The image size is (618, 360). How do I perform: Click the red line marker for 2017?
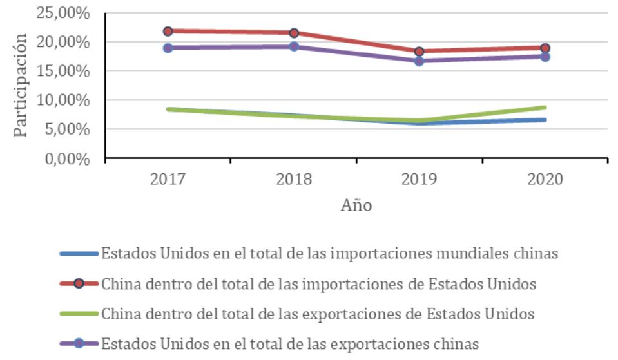(168, 31)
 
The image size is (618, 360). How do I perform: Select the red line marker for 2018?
(294, 33)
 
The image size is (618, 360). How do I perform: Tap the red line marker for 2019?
(419, 52)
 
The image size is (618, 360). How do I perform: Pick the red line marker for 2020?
(545, 48)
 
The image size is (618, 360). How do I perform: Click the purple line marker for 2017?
(168, 48)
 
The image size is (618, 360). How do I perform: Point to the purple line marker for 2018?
(294, 46)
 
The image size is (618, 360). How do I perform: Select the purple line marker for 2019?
(419, 61)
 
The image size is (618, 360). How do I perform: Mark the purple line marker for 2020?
(545, 57)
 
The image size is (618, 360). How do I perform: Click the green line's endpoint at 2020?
(545, 108)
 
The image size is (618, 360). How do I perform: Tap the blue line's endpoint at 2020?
(545, 120)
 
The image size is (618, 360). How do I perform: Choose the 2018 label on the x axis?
(294, 179)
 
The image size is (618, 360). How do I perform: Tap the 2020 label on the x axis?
(545, 179)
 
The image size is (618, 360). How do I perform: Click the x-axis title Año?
(356, 205)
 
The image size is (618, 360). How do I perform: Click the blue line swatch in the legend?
(79, 253)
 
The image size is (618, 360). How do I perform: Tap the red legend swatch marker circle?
(79, 283)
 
